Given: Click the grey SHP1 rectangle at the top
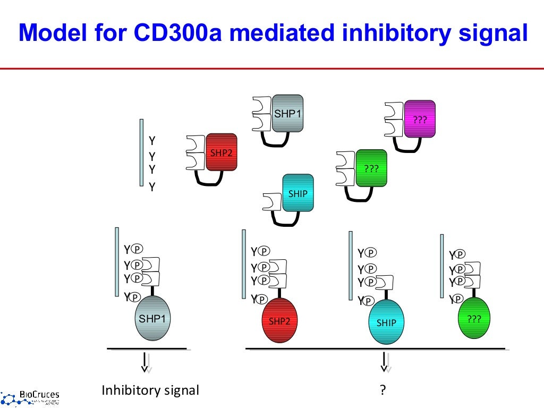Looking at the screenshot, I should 287,114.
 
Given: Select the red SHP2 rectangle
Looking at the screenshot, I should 221,152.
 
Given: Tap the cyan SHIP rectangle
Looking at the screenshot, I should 297,193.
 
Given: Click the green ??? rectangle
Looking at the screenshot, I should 371,168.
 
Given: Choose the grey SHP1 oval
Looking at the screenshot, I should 152,318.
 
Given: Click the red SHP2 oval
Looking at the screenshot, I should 279,320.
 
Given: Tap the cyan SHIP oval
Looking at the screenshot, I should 386,322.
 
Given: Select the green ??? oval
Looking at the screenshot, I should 473,318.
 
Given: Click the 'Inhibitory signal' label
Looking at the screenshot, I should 150,391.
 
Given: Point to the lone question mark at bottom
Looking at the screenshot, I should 382,391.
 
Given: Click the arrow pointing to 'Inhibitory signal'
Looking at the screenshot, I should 144,362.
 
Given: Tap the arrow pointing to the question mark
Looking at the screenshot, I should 384,362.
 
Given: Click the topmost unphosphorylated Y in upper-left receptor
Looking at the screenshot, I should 152,141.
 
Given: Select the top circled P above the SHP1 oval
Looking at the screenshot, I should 137,249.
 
